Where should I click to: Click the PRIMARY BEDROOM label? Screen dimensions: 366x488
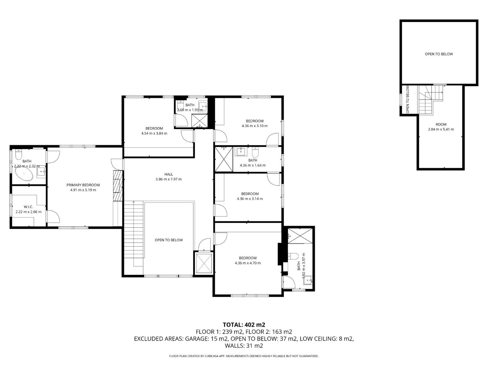[x=83, y=185]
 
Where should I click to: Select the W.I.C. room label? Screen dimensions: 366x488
[x=28, y=207]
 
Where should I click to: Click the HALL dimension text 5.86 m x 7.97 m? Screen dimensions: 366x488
[x=168, y=179]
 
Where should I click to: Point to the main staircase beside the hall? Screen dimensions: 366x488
[x=134, y=234]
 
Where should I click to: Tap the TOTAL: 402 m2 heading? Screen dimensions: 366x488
[x=244, y=325]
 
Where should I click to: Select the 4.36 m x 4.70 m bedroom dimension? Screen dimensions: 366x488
[x=248, y=263]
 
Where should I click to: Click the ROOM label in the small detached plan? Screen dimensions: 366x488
[x=441, y=124]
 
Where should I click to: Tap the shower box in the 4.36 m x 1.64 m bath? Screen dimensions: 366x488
[x=224, y=159]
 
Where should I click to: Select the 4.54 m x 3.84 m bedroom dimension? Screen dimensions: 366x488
[x=154, y=134]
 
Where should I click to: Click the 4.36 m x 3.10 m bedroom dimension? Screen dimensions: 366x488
[x=255, y=126]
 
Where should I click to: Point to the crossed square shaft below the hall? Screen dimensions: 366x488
[x=204, y=263]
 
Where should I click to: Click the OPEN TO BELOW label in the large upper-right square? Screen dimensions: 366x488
[x=439, y=54]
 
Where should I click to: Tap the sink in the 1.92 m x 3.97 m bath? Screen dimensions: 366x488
[x=308, y=280]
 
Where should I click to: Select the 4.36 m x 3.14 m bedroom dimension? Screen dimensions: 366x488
[x=250, y=199]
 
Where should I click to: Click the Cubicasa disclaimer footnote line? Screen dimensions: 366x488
[x=244, y=356]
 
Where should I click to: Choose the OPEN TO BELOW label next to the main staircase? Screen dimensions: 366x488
[x=169, y=240]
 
